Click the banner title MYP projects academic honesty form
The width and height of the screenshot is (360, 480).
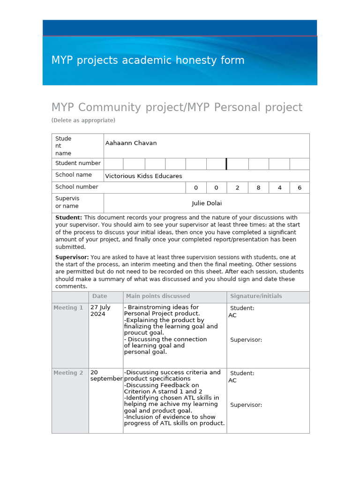tap(148, 60)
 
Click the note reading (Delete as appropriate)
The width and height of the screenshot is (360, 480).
tap(83, 120)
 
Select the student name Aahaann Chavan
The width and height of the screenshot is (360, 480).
tap(131, 143)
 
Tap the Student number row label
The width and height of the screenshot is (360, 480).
tap(78, 163)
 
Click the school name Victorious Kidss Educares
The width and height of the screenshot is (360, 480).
tap(143, 176)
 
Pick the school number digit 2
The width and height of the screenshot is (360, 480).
tap(237, 187)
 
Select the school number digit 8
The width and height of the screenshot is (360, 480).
tap(258, 187)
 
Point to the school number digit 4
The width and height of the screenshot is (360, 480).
tap(279, 187)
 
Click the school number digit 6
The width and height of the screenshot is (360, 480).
tap(300, 187)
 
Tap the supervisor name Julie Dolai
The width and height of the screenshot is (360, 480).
tap(207, 203)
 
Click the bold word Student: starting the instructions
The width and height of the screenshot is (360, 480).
tap(69, 217)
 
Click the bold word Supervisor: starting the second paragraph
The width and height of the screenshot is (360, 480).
tap(72, 257)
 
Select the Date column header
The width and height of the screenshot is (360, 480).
tap(99, 296)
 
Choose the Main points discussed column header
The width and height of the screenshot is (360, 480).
tap(158, 296)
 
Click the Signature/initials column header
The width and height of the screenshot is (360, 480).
tap(256, 296)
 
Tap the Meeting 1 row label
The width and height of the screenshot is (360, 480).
tap(68, 308)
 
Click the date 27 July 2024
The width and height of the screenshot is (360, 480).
tap(100, 311)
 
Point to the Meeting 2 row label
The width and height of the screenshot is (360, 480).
tap(68, 373)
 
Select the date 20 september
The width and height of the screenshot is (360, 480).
tap(106, 375)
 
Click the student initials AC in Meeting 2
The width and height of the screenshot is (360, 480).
tap(232, 381)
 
